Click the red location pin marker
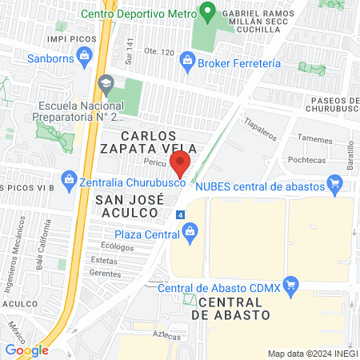click(181, 162)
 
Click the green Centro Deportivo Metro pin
click(208, 12)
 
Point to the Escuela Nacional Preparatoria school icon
click(106, 82)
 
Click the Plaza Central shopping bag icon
click(190, 234)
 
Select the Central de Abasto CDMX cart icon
click(291, 283)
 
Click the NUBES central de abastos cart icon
click(337, 186)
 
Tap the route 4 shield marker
click(181, 215)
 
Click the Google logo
click(26, 350)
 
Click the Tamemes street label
click(316, 138)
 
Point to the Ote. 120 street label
click(158, 53)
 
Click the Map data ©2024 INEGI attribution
click(312, 353)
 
